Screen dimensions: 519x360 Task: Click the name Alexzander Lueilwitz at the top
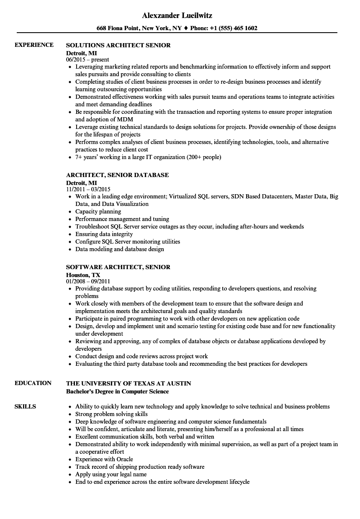point(177,15)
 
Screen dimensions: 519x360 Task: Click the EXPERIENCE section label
point(34,45)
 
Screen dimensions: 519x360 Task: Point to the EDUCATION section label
point(33,383)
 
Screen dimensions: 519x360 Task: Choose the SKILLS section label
point(25,406)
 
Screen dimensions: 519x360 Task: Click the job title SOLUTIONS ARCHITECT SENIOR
point(118,45)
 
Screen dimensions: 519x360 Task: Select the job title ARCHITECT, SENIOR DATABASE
point(118,175)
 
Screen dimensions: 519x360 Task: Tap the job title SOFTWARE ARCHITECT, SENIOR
point(118,267)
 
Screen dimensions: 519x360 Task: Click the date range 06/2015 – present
point(88,60)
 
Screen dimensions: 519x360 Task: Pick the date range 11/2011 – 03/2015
point(88,190)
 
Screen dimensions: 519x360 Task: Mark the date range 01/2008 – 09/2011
point(88,282)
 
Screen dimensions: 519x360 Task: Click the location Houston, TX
point(83,275)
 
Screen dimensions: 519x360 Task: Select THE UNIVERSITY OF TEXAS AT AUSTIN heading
point(129,383)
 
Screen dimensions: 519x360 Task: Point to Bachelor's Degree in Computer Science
point(118,391)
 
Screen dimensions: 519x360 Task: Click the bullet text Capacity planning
point(98,211)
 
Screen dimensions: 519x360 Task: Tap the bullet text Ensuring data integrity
point(104,234)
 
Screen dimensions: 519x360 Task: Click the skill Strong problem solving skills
point(111,414)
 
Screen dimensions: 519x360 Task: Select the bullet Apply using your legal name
point(111,474)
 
